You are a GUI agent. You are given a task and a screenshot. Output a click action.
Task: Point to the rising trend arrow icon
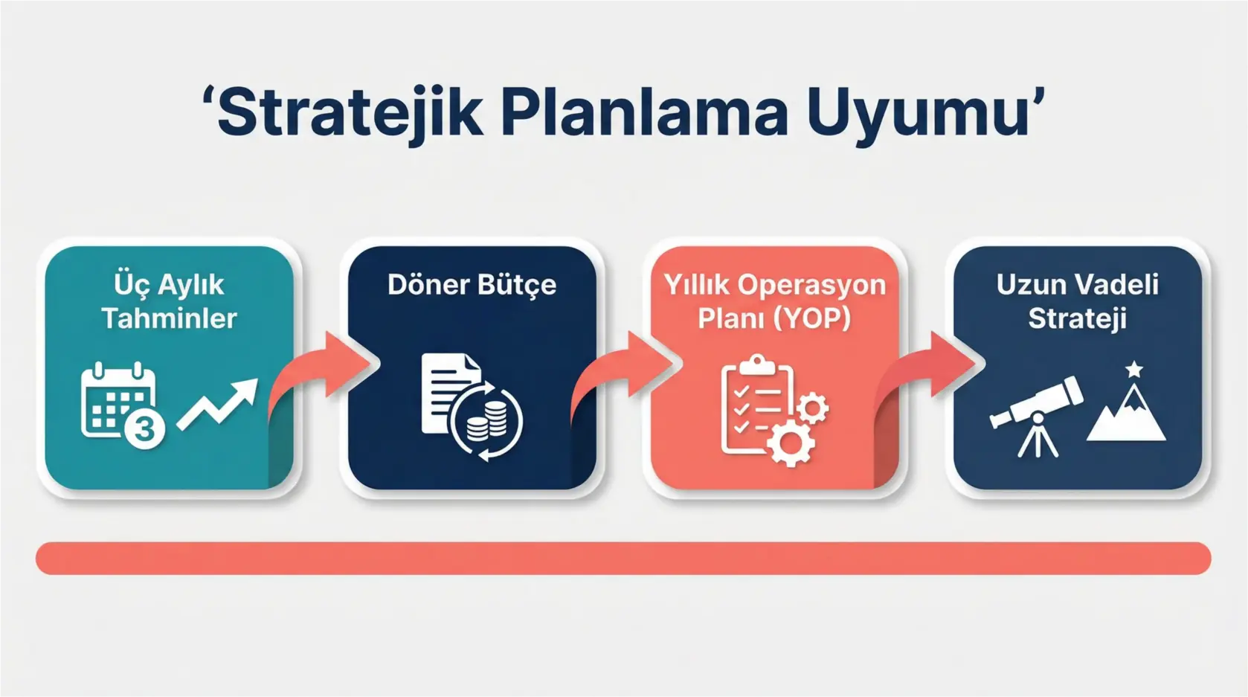pyautogui.click(x=218, y=403)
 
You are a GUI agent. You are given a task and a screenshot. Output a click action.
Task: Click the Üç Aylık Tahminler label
pyautogui.click(x=169, y=301)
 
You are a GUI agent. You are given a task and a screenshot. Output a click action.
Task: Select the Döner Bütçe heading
pyautogui.click(x=472, y=285)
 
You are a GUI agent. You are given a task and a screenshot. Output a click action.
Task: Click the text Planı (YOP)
pyautogui.click(x=773, y=318)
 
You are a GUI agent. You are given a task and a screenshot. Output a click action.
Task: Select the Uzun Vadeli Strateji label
pyautogui.click(x=1077, y=301)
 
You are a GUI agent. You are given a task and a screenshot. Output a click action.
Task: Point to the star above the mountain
pyautogui.click(x=1133, y=369)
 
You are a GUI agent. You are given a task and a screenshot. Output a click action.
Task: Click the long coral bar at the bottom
pyautogui.click(x=623, y=558)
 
